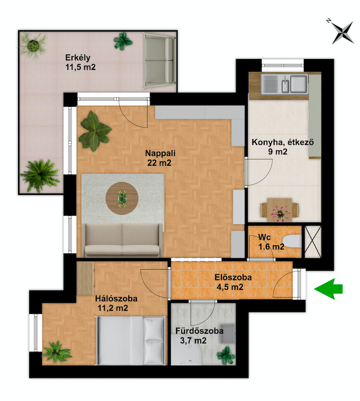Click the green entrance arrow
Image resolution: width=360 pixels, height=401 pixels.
click(x=328, y=289)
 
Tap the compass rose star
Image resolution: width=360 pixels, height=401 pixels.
click(x=342, y=33)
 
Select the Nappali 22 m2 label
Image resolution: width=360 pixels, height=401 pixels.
click(x=160, y=158)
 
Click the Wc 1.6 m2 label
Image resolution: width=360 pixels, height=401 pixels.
click(x=271, y=242)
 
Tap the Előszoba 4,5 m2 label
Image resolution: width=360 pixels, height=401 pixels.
click(x=233, y=282)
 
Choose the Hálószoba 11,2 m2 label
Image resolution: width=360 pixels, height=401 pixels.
click(x=116, y=303)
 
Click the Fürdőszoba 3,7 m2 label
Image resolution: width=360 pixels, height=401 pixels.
click(x=199, y=335)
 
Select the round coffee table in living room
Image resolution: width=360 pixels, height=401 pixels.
click(x=122, y=198)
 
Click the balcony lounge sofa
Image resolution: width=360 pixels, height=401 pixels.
click(x=159, y=60)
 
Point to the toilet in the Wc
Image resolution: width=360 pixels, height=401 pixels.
click(x=292, y=241)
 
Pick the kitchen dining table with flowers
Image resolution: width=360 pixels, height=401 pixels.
click(x=279, y=210)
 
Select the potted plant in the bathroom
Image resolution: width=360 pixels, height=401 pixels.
click(x=226, y=355)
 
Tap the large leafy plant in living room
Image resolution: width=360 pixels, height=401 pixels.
click(x=94, y=131)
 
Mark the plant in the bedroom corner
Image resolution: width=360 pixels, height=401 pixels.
click(x=56, y=352)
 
